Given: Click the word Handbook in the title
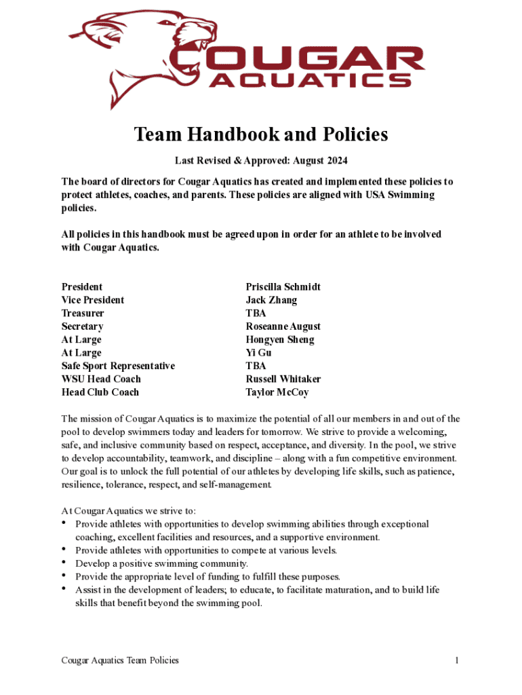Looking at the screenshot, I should [224, 134].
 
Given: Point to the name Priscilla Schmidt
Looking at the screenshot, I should [283, 287].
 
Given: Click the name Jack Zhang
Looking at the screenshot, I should [271, 300].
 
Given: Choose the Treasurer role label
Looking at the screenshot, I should [83, 314].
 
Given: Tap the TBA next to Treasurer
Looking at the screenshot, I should [256, 314].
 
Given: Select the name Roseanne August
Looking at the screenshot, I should [283, 326].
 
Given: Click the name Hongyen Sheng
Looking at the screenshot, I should [279, 339].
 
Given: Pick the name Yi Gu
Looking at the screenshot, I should [258, 353].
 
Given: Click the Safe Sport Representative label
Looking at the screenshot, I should [118, 366].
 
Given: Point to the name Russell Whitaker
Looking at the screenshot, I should [283, 379].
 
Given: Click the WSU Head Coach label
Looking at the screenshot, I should [101, 379].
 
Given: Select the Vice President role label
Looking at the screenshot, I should [93, 300].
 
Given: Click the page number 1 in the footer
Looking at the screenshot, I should [458, 660].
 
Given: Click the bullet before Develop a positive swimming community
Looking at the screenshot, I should [64, 563].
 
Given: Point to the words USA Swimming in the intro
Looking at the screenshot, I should [401, 195].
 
